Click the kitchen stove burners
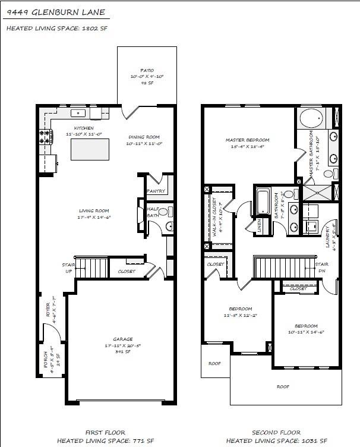click(45, 137)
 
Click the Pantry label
click(156, 191)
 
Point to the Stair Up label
click(68, 268)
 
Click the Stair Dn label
click(322, 267)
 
